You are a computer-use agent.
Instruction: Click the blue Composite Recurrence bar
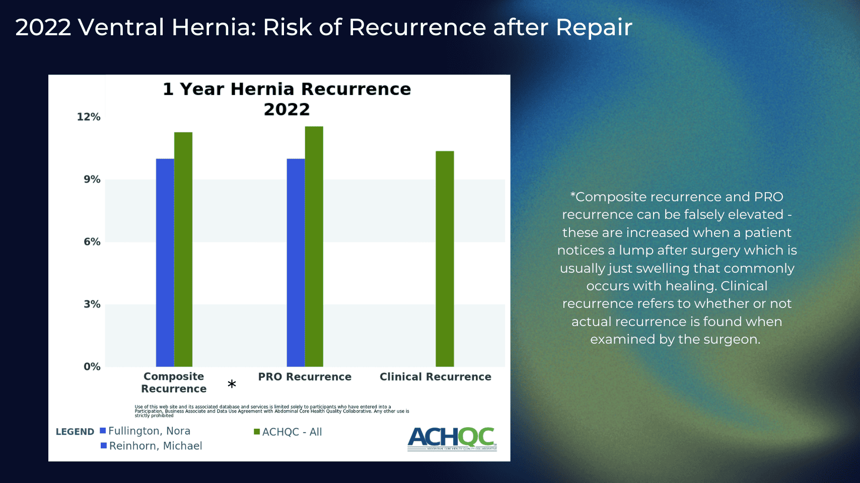click(165, 263)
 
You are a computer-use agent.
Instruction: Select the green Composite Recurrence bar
click(183, 250)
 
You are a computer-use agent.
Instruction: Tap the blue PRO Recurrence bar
click(296, 263)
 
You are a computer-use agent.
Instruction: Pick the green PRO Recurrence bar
click(314, 247)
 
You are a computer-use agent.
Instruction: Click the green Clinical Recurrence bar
click(445, 259)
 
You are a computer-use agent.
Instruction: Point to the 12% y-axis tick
click(89, 117)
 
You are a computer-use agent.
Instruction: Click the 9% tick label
click(92, 180)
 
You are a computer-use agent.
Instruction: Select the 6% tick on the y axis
click(92, 242)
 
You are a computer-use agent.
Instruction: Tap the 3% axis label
click(92, 304)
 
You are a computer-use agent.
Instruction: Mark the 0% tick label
click(92, 367)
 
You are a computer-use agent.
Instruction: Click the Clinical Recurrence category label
click(435, 377)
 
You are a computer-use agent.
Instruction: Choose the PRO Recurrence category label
click(305, 377)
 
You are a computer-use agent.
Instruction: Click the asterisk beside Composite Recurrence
click(232, 384)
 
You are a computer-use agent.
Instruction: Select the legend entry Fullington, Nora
click(149, 431)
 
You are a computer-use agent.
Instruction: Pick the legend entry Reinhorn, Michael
click(155, 446)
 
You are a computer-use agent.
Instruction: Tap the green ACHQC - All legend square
click(257, 432)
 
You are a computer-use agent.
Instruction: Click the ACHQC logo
click(452, 439)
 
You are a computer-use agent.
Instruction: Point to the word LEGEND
click(75, 432)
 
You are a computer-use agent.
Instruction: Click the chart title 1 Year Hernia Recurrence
click(286, 90)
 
